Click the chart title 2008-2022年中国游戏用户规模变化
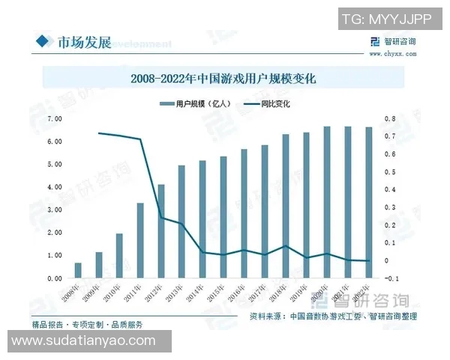click(224, 77)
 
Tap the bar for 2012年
click(160, 231)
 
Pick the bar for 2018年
click(285, 206)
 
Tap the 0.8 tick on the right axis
click(390, 118)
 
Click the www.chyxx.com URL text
click(391, 54)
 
